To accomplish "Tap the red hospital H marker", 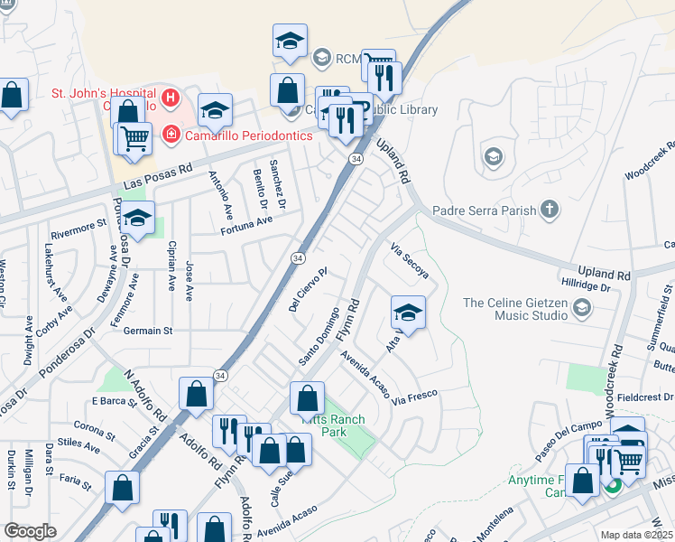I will click(x=171, y=97).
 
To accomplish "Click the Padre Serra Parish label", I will click(x=484, y=211).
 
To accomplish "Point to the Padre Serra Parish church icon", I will click(x=549, y=211).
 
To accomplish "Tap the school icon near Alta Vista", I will click(x=408, y=313).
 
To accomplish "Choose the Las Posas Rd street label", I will click(x=159, y=177).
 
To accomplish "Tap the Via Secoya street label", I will click(x=410, y=260).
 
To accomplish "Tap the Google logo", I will click(x=30, y=531).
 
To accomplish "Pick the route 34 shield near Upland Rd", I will click(x=356, y=159).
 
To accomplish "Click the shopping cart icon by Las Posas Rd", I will click(x=134, y=139).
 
